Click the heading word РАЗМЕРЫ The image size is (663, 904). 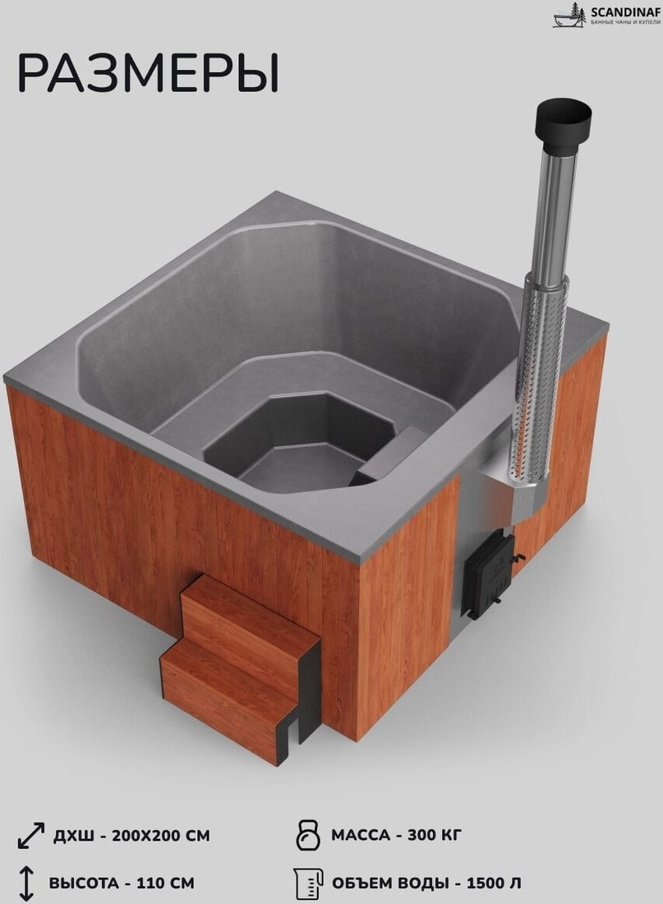(x=149, y=73)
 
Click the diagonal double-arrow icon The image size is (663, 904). (x=31, y=836)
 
